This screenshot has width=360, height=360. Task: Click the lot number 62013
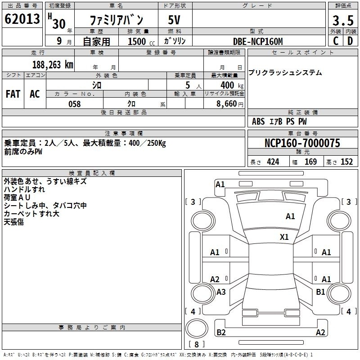[x=22, y=19]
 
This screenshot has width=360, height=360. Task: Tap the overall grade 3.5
[x=343, y=20]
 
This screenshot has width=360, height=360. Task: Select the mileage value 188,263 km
[x=53, y=65]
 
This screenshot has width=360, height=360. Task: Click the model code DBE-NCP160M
[x=258, y=41]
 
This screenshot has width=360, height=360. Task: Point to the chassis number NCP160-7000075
[x=302, y=143]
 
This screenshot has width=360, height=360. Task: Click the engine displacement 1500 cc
[x=141, y=41]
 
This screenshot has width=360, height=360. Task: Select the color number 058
[x=75, y=104]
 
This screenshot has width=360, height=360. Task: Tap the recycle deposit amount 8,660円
[x=230, y=104]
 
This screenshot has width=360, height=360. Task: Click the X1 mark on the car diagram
[x=284, y=237]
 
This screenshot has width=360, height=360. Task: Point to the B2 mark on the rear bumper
[x=221, y=332]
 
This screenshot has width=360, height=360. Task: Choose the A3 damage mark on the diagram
[x=221, y=292]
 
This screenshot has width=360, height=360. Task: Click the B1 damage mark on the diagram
[x=320, y=292]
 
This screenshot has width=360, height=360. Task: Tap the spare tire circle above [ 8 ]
[x=197, y=328]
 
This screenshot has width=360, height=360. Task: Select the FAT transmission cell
[x=13, y=94]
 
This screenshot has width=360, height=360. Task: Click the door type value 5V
[x=174, y=20]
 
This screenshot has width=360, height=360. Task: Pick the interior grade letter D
[x=350, y=41]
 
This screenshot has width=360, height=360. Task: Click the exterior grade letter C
[x=336, y=41]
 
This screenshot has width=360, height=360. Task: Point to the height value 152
[x=346, y=162]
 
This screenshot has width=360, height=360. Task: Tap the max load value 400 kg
[x=232, y=85]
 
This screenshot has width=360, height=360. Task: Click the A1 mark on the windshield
[x=290, y=216]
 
